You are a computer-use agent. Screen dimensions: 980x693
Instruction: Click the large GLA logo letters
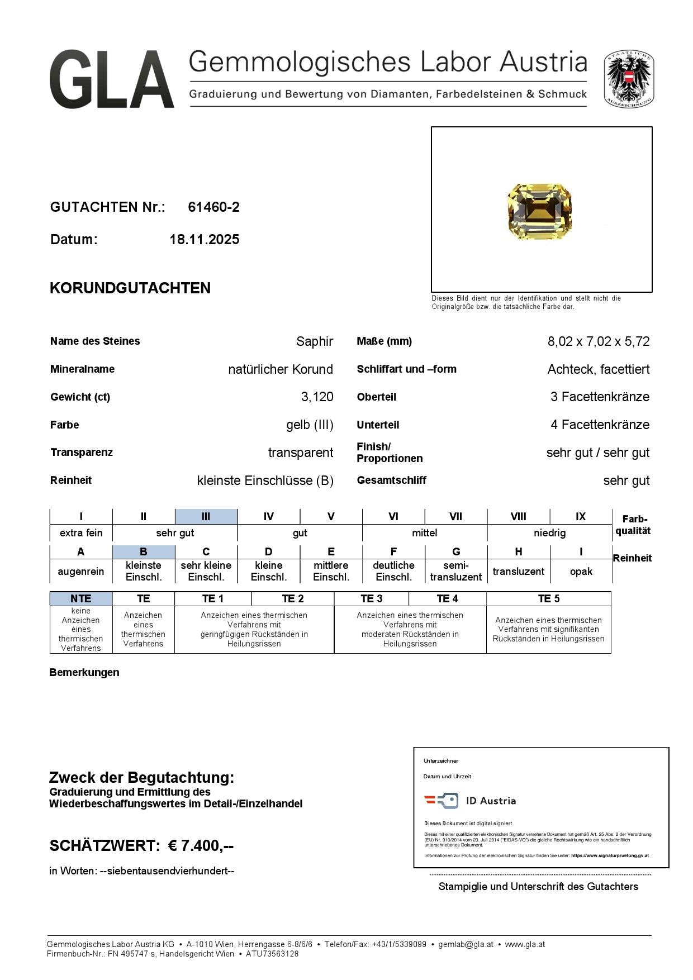pos(112,79)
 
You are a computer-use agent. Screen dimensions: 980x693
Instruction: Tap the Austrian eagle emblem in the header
pos(629,79)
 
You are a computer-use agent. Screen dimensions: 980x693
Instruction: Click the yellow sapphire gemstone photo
pos(540,211)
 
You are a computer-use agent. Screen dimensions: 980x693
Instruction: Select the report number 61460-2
pos(213,207)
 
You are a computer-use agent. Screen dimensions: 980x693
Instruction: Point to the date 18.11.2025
pos(205,240)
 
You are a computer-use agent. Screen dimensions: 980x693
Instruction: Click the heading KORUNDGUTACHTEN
pos(130,288)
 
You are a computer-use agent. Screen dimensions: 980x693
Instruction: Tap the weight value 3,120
pos(317,397)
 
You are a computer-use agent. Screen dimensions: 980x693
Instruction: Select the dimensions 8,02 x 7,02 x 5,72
pos(598,341)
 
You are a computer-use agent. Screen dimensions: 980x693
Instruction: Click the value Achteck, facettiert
pos(598,369)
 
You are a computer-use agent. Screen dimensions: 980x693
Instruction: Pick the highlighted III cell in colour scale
pos(206,517)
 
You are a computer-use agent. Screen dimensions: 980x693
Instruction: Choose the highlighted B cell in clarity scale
pos(143,552)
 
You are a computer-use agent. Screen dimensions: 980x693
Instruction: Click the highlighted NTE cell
pos(81,599)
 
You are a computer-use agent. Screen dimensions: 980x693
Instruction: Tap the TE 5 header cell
pos(548,599)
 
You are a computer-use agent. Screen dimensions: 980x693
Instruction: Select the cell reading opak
pos(581,572)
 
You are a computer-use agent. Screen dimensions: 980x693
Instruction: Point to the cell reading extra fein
pos(81,533)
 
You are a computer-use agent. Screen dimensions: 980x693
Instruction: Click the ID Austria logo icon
pos(441,801)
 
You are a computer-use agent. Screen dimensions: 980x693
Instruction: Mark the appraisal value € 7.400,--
pos(201,846)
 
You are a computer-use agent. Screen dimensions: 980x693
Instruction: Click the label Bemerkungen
pos(84,673)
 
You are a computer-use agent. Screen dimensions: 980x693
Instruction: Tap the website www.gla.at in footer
pos(525,944)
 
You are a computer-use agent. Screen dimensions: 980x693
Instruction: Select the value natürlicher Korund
pos(281,369)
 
